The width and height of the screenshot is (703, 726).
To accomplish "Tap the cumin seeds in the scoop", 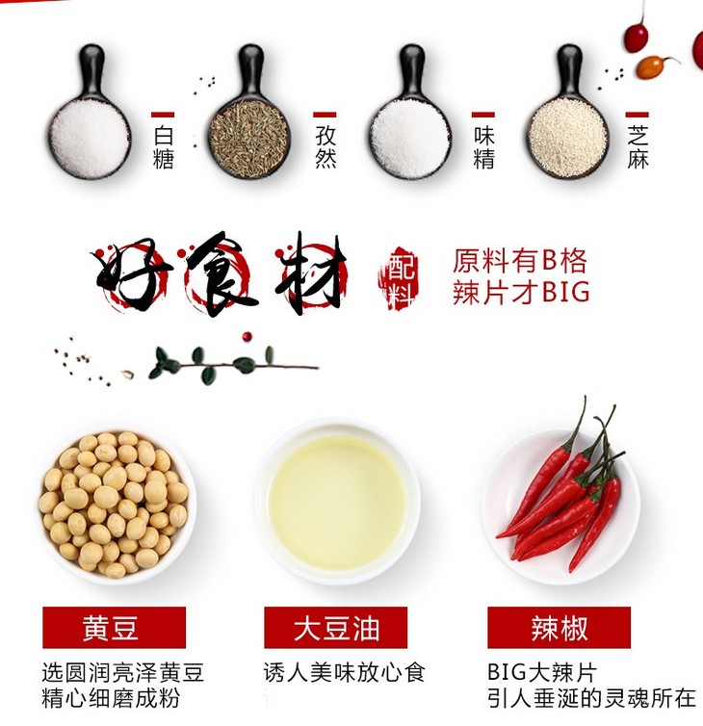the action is click(249, 139).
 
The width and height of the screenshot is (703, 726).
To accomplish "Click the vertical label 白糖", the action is click(163, 147).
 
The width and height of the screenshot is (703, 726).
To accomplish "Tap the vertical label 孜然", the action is click(325, 147).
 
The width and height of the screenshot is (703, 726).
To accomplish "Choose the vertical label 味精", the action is click(484, 147).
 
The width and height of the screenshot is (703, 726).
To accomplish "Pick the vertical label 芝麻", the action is click(638, 147).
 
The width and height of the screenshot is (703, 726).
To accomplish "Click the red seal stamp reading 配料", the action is click(398, 277).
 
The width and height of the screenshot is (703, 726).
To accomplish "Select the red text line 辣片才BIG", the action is click(521, 292).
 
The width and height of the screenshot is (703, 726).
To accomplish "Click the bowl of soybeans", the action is click(117, 506).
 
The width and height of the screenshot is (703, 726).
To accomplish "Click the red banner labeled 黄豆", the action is click(114, 628).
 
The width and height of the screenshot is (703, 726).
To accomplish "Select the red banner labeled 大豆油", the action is click(336, 628).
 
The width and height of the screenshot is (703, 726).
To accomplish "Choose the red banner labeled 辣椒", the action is click(559, 628).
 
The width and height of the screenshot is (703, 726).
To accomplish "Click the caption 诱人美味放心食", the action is click(344, 672).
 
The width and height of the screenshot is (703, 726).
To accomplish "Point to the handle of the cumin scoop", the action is click(251, 69).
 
